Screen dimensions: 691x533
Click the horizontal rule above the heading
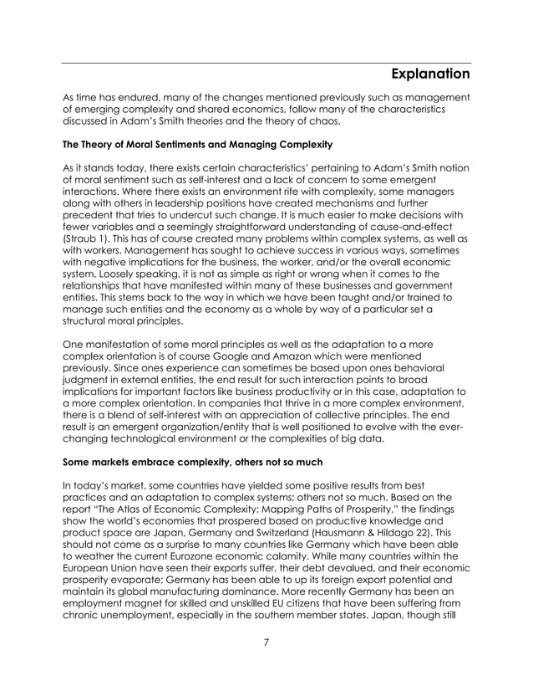(266, 63)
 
